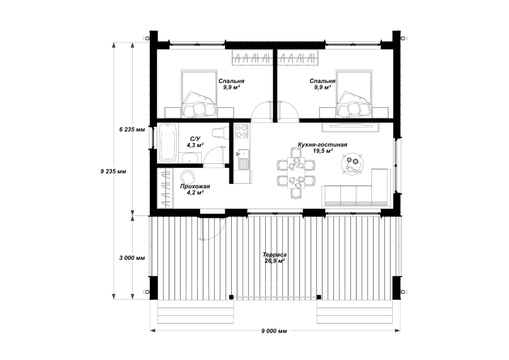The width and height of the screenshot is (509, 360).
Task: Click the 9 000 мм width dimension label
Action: tap(274, 331)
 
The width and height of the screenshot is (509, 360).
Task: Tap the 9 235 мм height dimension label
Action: tap(113, 171)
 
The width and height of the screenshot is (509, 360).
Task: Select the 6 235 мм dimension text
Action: tap(132, 130)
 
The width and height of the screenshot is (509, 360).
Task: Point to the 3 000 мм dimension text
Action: tap(132, 258)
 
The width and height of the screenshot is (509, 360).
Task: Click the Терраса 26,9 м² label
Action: tap(275, 258)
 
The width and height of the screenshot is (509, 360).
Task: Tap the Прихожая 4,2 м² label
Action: tap(195, 189)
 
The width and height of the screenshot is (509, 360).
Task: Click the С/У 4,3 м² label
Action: tap(195, 142)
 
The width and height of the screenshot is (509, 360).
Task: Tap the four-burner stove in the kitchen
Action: tap(241, 131)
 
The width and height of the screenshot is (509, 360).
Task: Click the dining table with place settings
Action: tap(295, 173)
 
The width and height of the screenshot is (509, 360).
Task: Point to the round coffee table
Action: tap(351, 164)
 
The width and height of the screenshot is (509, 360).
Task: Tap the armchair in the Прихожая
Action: tap(188, 177)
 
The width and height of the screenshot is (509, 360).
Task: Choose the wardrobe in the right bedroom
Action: tap(298, 58)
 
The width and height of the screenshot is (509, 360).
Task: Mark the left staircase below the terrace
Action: tap(196, 311)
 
